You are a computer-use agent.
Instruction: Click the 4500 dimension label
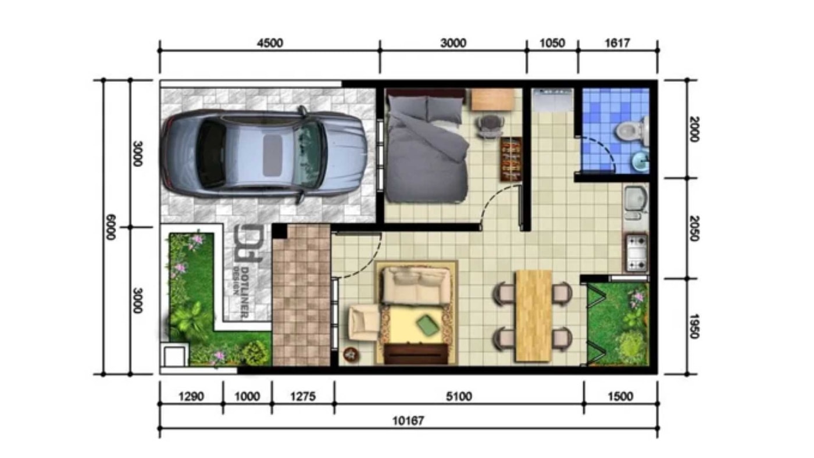pos(270,43)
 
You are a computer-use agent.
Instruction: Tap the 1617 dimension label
pos(617,43)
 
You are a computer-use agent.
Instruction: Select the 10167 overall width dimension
pos(408,421)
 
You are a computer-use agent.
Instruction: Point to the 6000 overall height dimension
pos(110,227)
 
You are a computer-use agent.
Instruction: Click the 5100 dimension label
pos(459,396)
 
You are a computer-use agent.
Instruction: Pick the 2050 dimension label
pos(694,228)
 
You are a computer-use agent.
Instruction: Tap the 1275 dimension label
pos(303,396)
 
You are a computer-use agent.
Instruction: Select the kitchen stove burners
pos(637,253)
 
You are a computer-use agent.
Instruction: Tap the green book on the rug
pos(427,324)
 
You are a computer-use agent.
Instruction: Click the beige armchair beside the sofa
pos(365,323)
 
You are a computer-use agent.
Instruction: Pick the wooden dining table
pos(533,316)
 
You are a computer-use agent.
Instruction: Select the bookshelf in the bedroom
pos(511,159)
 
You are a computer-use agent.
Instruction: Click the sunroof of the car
pos(273,155)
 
